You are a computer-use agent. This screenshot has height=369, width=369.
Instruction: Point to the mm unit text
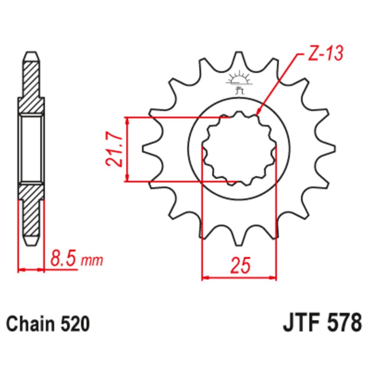click(91, 261)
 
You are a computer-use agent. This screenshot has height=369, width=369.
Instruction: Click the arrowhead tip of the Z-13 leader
click(258, 115)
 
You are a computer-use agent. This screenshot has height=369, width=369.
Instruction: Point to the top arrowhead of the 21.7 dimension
click(127, 120)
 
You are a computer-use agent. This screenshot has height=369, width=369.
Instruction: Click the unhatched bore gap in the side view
click(32, 149)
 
